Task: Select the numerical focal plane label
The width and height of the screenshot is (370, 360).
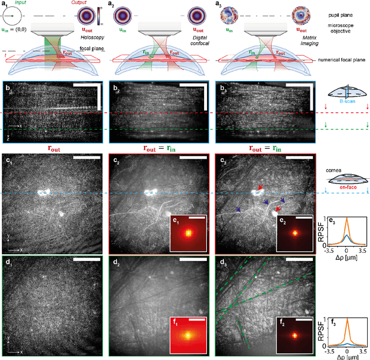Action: (345, 60)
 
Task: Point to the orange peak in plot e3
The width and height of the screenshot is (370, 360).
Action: (346, 221)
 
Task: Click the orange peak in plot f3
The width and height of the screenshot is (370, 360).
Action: (346, 321)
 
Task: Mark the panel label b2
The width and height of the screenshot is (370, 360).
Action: (115, 87)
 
